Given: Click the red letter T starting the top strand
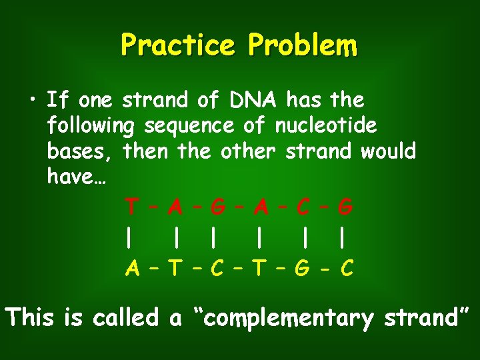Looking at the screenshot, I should (x=133, y=207).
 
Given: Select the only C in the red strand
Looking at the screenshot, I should (x=303, y=207).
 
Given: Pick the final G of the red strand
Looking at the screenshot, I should (x=345, y=207).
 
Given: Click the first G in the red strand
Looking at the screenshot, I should (x=217, y=207).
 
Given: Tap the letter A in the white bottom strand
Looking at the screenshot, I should (x=133, y=269).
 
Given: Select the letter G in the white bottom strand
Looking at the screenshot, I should (x=303, y=269).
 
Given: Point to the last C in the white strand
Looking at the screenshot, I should (x=346, y=269).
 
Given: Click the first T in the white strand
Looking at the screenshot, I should (x=175, y=269).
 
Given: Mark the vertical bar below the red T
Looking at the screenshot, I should (x=127, y=238).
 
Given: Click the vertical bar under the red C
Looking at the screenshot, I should (x=303, y=238).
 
